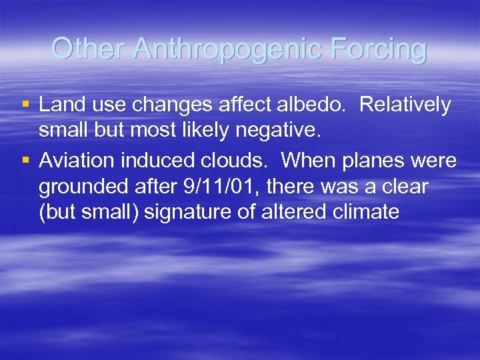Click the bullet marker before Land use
click(x=25, y=105)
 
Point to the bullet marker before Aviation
click(x=25, y=161)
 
